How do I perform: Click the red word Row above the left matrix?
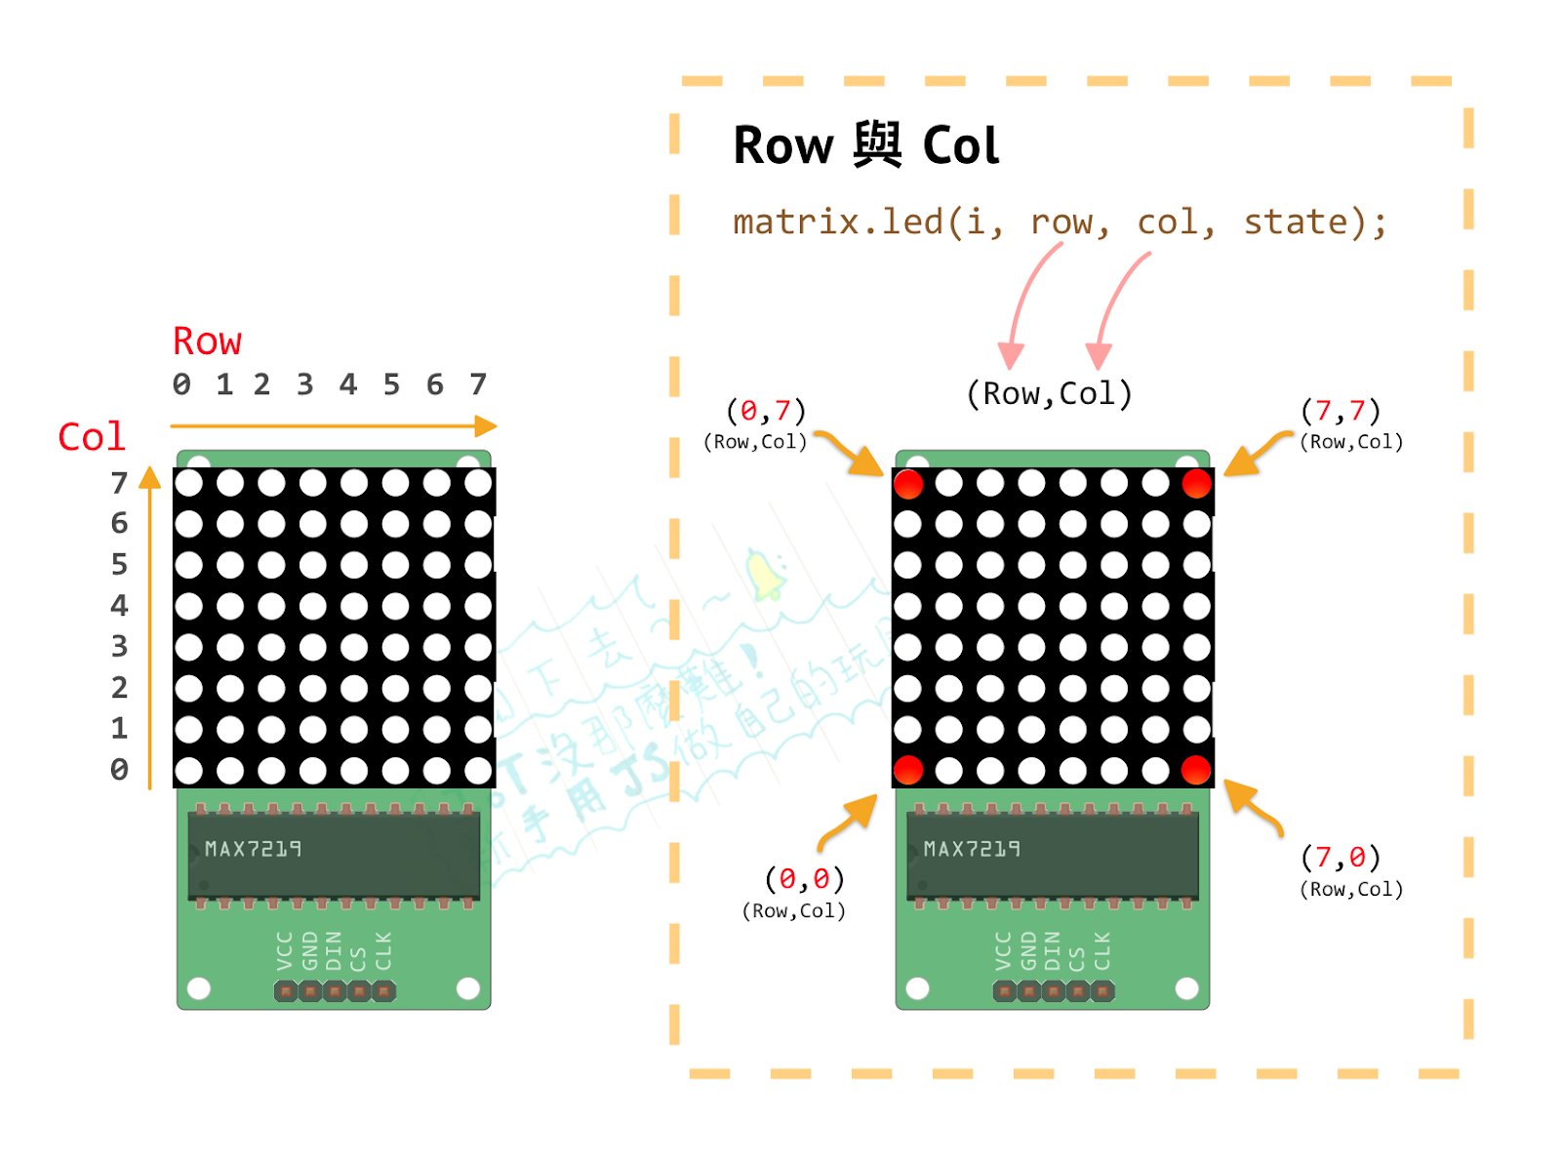coord(207,342)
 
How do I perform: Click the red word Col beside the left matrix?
coord(92,436)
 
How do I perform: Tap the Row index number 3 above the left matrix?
coord(305,384)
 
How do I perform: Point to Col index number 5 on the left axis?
coord(119,564)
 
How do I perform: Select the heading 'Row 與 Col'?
coord(865,146)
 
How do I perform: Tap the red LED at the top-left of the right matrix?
coord(908,484)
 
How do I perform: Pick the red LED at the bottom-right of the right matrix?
coord(1196,770)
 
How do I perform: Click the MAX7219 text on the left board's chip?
coord(253,849)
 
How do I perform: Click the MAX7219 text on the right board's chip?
coord(972,849)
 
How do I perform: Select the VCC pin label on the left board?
coord(284,950)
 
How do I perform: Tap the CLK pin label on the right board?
coord(1102,950)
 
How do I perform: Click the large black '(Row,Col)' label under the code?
coord(1049,394)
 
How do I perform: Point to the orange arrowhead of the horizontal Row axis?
coord(486,426)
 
